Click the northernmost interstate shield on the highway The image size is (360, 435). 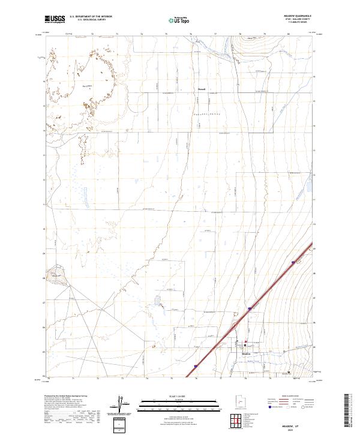tap(293, 262)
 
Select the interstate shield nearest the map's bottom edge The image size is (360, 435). tap(196, 364)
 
